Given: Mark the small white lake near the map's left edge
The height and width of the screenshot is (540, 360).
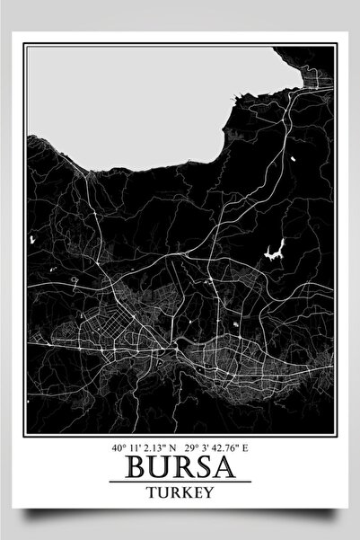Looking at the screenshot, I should (31, 239).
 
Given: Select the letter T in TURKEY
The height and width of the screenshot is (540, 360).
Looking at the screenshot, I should (149, 493).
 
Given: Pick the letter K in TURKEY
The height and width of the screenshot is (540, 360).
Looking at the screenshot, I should (182, 493).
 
